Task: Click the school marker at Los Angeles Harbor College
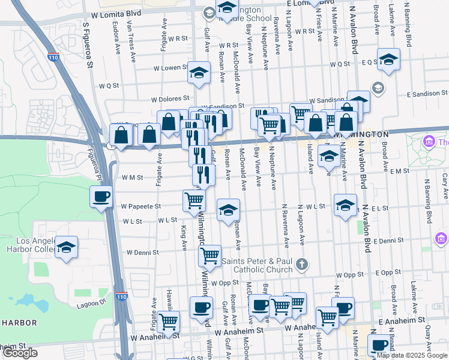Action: point(67,247)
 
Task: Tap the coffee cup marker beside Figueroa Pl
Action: point(101,196)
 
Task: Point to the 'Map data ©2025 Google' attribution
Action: point(412,355)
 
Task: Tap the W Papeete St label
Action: point(140,206)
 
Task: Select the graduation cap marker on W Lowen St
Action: point(199,73)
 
